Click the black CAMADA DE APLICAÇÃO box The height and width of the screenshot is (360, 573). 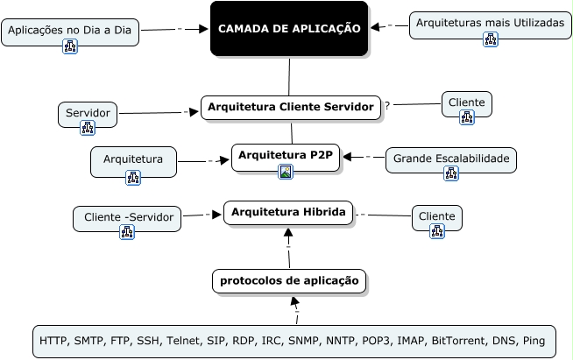pos(288,29)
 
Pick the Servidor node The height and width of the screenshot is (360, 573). pos(88,115)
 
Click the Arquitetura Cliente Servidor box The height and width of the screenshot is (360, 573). pos(291,107)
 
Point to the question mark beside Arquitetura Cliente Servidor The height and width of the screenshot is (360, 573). pos(387,106)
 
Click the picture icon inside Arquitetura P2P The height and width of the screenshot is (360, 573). pos(286,172)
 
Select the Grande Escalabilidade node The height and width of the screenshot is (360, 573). pos(451,159)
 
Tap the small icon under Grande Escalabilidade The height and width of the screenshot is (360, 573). pos(451,173)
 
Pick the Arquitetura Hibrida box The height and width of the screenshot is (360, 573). pos(288,212)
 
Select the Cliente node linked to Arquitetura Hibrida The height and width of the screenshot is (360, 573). pos(436,217)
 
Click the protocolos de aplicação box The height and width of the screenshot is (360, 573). pos(289,281)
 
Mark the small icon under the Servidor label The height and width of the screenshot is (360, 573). pos(88,128)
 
